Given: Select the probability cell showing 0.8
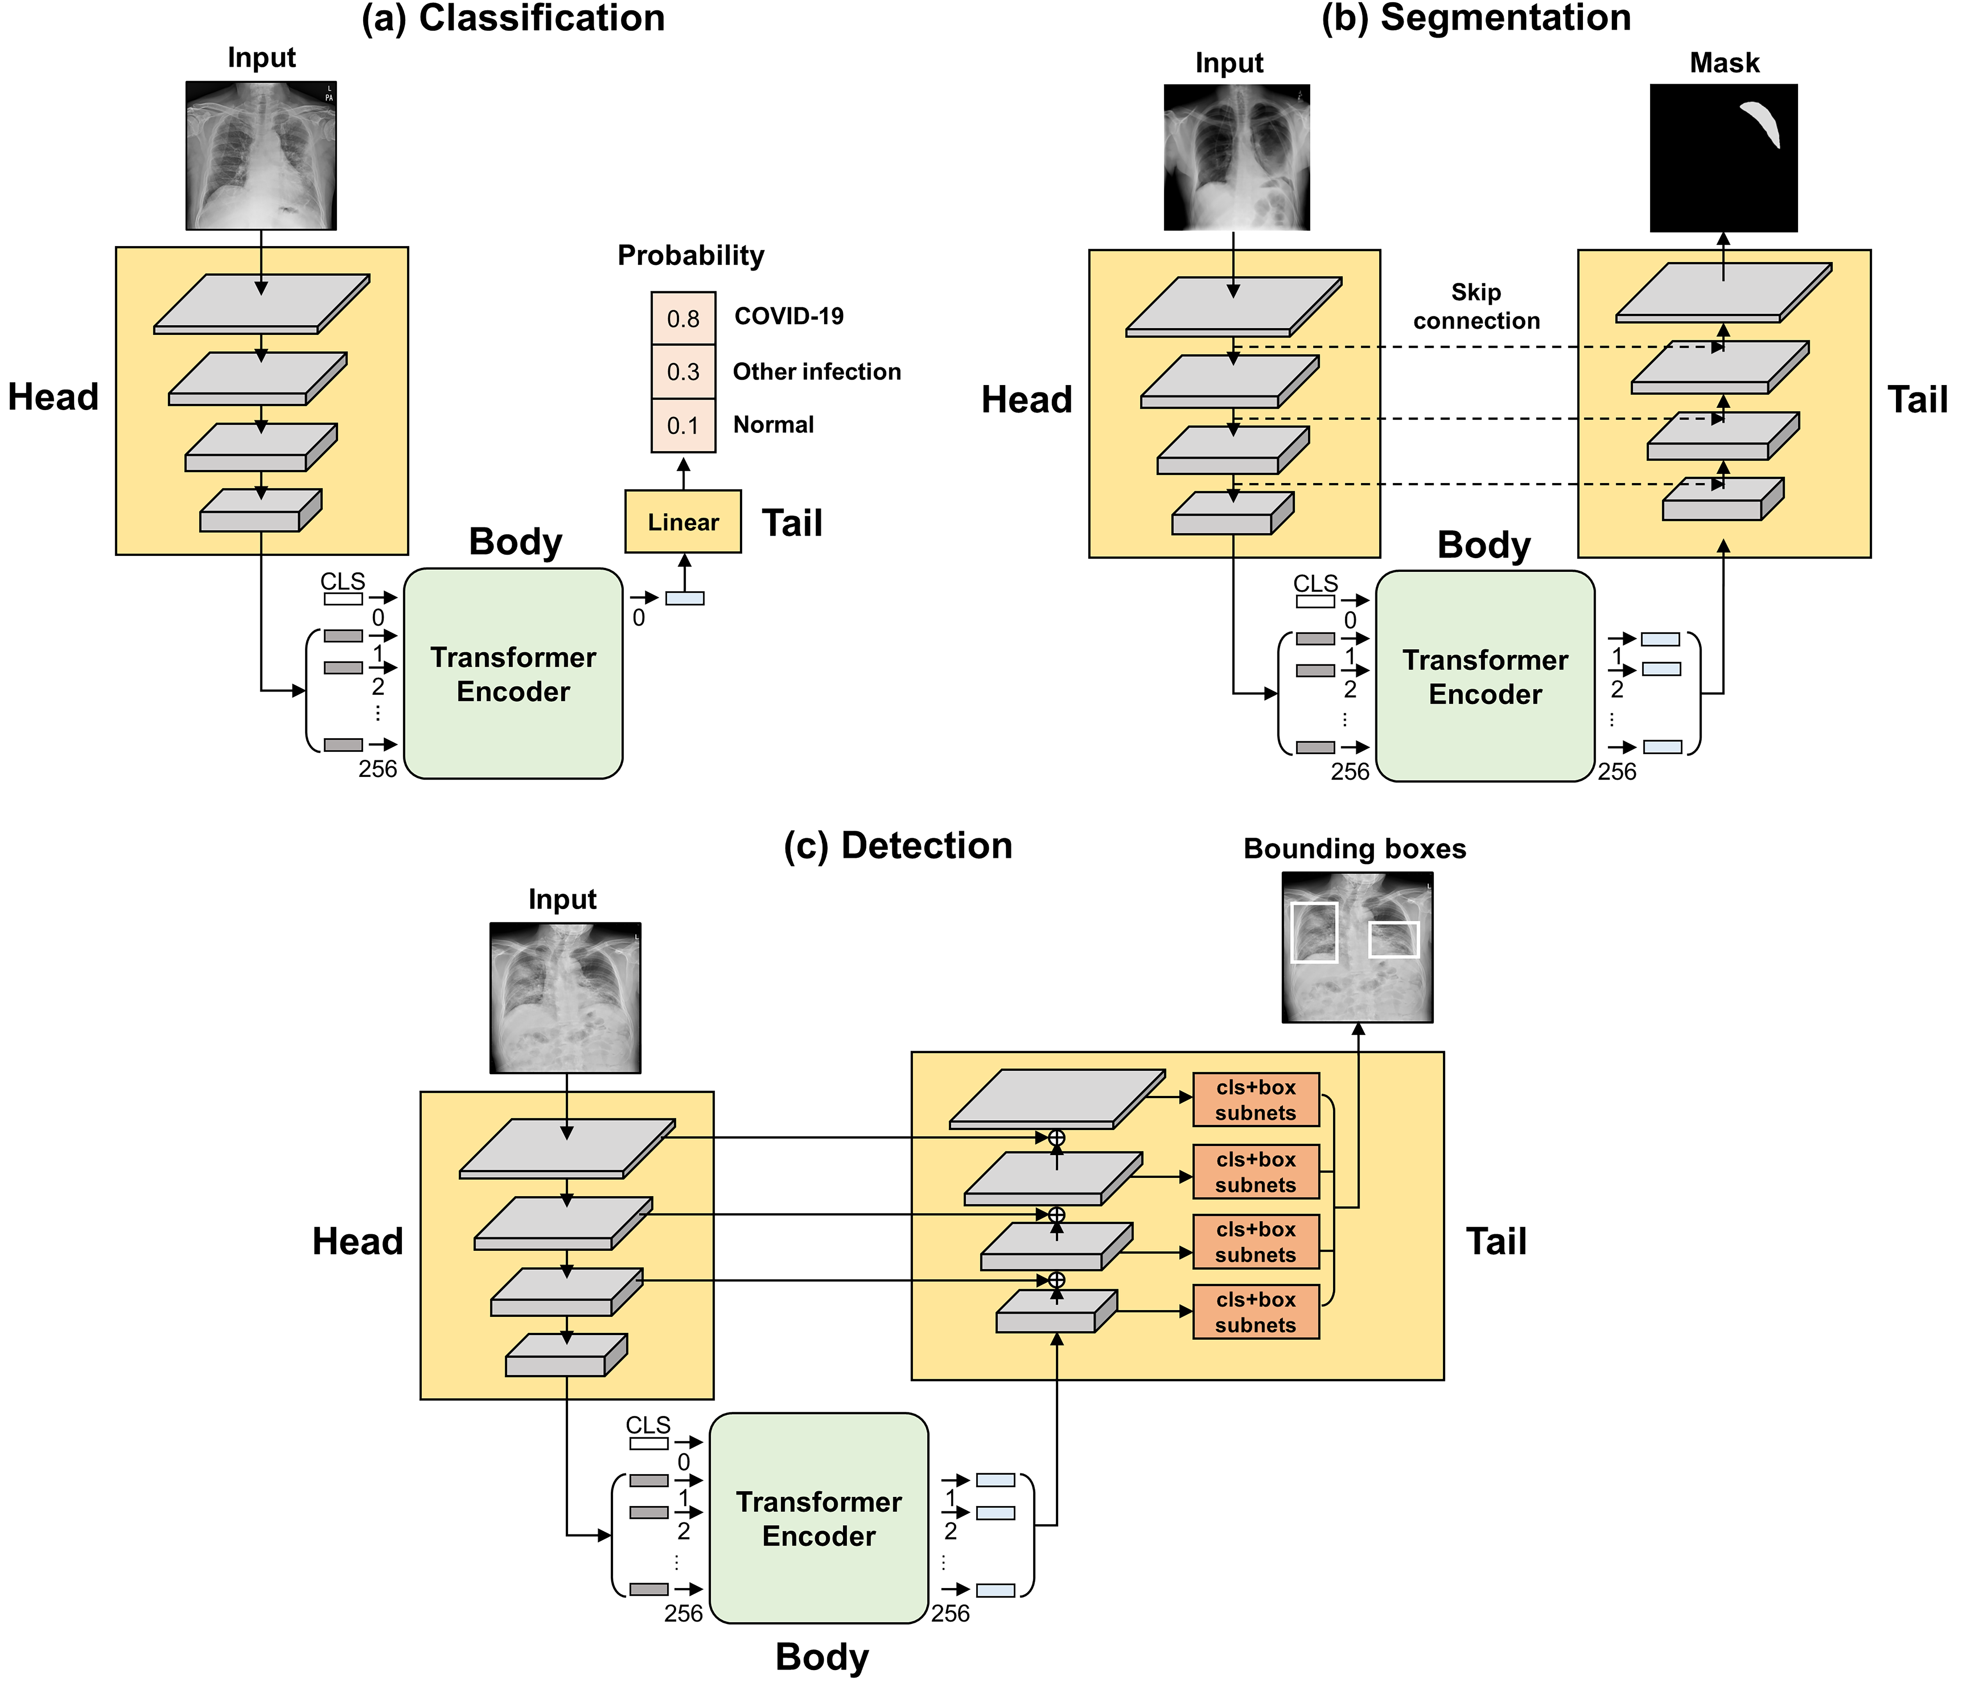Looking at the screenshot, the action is pyautogui.click(x=683, y=318).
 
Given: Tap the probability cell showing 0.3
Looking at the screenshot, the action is pyautogui.click(x=683, y=371).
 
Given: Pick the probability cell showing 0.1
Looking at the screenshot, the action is pyautogui.click(x=683, y=425).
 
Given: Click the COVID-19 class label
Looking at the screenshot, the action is pyautogui.click(x=789, y=316).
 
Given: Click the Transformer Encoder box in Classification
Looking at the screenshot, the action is pyautogui.click(x=513, y=674).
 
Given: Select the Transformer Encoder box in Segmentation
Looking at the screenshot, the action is pyautogui.click(x=1485, y=676).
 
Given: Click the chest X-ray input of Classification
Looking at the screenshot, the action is pyautogui.click(x=261, y=155).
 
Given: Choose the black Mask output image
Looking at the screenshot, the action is pyautogui.click(x=1723, y=158).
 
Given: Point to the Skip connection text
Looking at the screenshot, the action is pyautogui.click(x=1476, y=306).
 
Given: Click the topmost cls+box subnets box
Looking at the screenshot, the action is pyautogui.click(x=1256, y=1100).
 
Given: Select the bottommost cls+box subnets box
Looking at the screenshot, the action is pyautogui.click(x=1256, y=1312).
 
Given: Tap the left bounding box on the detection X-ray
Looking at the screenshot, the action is pyautogui.click(x=1314, y=932).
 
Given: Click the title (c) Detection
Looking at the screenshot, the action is pyautogui.click(x=898, y=845).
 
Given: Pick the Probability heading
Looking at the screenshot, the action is pyautogui.click(x=690, y=256).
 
